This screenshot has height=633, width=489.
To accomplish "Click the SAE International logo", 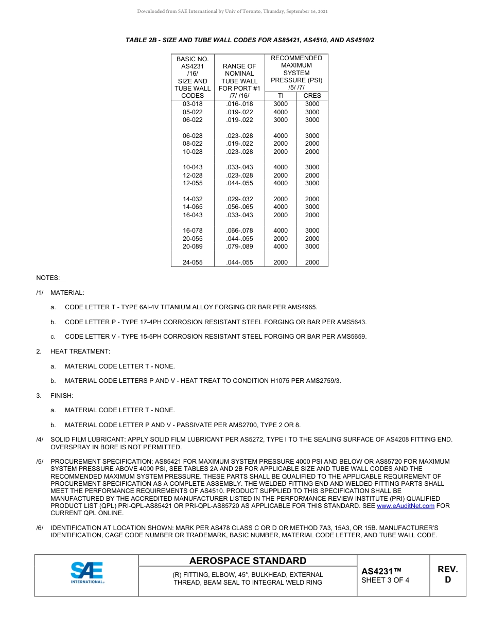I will pos(87,573).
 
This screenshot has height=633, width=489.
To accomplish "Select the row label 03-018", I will pos(193,104).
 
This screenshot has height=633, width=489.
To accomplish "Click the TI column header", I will pos(281,96).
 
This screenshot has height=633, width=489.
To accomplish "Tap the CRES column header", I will pos(312,96).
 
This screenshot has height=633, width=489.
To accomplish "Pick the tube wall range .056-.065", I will pos(239,207).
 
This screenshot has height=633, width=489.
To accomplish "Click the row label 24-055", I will pos(193,262).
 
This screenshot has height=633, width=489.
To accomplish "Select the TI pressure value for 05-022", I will pos(281,112).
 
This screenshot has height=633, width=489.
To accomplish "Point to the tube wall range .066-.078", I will pos(239,231).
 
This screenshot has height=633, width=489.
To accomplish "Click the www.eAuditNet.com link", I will pos(406,506).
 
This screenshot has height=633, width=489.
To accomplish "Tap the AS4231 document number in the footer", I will pos(381,571).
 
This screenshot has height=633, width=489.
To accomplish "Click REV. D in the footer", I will pos(447,574).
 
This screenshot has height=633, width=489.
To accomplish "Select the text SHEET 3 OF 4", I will pos(386,581).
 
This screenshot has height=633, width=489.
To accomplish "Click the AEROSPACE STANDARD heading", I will pos(248,561).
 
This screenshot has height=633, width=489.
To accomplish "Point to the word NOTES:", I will pos(48,278).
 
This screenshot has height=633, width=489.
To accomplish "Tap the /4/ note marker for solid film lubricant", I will pos(40,439).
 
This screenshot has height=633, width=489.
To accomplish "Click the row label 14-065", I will pos(193,207).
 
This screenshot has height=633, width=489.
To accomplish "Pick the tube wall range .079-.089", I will pos(239,247).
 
